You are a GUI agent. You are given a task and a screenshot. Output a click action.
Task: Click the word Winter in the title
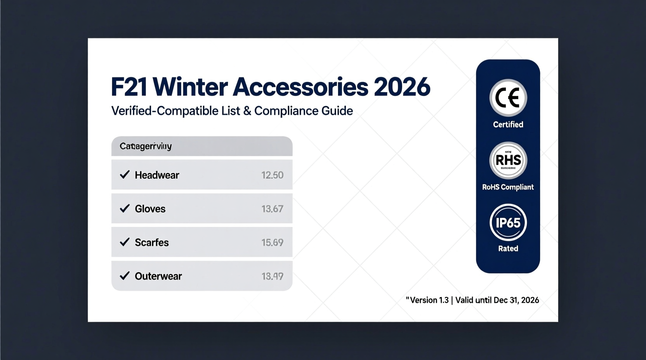coord(190,87)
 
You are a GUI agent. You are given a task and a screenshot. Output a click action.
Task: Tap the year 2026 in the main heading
coord(402,87)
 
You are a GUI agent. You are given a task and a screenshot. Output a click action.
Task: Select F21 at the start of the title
coord(129,87)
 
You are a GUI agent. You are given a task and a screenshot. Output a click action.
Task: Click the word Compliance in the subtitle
coord(286,111)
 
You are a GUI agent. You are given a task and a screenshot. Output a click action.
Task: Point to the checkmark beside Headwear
coord(125,175)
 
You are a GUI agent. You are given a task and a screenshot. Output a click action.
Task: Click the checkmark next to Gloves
coord(125,209)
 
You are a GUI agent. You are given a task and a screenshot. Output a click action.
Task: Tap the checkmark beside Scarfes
coord(125,242)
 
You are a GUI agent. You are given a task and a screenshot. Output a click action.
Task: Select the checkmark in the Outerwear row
coord(125,276)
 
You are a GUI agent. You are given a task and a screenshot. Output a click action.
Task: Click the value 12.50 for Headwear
coord(272,175)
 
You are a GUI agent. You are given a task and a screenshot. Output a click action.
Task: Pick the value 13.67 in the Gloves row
coord(272,209)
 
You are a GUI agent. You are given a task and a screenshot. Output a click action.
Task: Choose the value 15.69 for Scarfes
coord(272,242)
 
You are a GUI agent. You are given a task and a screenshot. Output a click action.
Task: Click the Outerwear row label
coord(158,276)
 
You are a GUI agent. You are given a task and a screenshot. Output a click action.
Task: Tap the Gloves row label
coord(150,209)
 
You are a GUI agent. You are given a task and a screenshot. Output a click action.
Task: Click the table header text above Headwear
coord(146,146)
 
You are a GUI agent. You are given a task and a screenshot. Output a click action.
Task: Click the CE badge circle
coord(508,98)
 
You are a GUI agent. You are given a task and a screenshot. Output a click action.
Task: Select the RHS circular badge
coord(508,160)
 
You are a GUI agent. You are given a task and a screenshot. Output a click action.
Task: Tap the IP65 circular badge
coord(508,223)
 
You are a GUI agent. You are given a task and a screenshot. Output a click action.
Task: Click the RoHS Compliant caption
coord(508,187)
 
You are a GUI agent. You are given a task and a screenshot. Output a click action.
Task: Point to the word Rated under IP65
coord(508,248)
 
